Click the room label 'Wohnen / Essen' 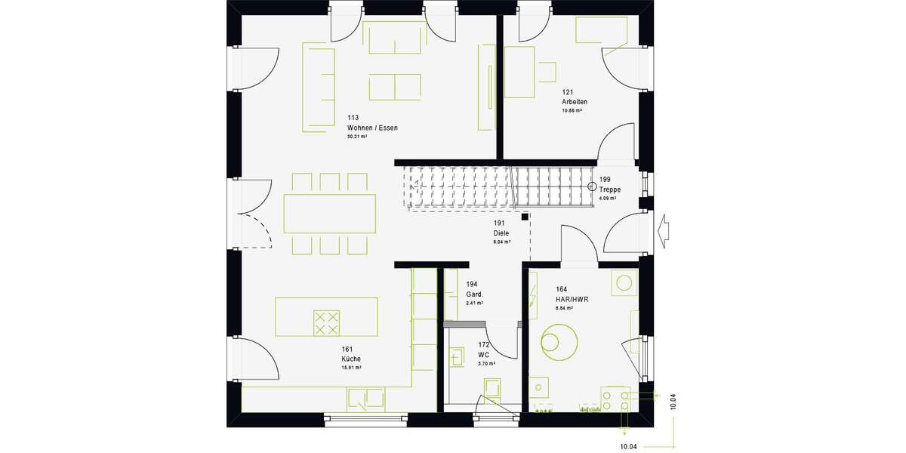click(372, 128)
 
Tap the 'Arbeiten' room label click(574, 102)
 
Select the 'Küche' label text click(350, 359)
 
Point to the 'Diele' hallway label click(501, 233)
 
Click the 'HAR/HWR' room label click(571, 299)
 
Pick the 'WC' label click(484, 354)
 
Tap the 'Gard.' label click(474, 294)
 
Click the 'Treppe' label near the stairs click(609, 190)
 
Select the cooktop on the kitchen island click(327, 323)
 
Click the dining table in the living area click(330, 214)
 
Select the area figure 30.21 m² click(357, 137)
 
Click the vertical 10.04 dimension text click(673, 402)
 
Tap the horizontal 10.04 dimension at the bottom click(628, 447)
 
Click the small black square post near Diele click(523, 216)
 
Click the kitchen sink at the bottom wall click(366, 398)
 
